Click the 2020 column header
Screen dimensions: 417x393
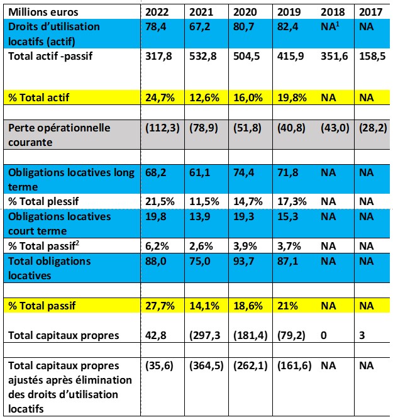(x=244, y=12)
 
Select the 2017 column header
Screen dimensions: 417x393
(x=368, y=12)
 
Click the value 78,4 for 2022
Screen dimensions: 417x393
(x=153, y=27)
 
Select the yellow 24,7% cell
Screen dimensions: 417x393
(x=157, y=97)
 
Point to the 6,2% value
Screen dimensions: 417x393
(x=155, y=245)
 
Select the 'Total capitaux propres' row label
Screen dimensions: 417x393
(x=64, y=335)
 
